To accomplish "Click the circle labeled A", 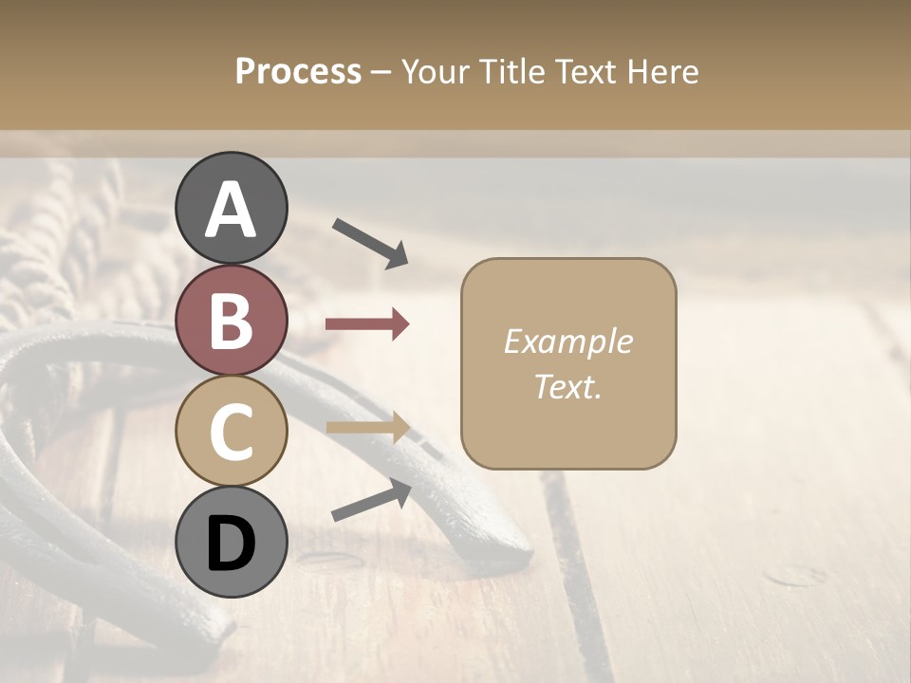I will pos(231,208).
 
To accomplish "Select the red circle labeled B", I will pos(231,320).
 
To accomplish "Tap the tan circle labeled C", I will pos(231,431).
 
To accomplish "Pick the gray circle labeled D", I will pos(231,542).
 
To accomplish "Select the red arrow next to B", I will pos(367,324).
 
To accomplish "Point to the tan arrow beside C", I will pos(367,428).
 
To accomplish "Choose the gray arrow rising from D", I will pos(371,500).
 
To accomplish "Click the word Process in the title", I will pos(298,71).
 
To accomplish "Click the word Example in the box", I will pos(567,341).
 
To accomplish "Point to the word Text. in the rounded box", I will pos(567,386).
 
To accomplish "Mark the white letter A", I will pos(231,210).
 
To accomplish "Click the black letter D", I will pos(231,544).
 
